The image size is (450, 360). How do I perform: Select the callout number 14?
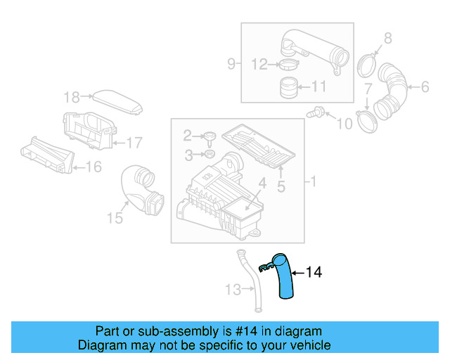tap(314, 272)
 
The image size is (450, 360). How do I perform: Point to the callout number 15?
tap(115, 219)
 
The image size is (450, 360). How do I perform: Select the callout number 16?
tap(93, 167)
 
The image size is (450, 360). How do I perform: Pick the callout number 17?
tap(134, 143)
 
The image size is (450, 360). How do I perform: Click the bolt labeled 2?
tap(210, 136)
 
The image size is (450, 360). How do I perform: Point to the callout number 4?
tap(261, 184)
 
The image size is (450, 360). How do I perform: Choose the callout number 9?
tap(231, 65)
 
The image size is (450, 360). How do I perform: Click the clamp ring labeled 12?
tap(288, 65)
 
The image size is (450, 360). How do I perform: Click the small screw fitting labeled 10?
tap(318, 111)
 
